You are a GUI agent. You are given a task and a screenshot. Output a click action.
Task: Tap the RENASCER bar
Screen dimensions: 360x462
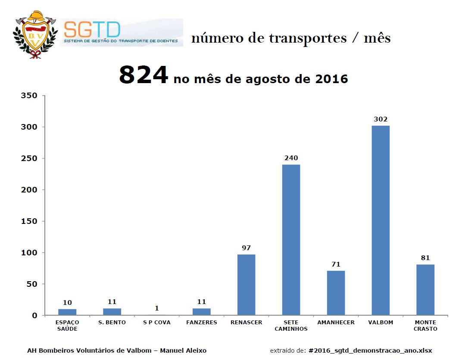[246, 285]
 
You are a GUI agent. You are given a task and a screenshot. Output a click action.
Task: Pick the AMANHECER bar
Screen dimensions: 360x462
[336, 293]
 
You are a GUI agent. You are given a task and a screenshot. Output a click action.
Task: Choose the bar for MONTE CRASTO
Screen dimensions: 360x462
[425, 290]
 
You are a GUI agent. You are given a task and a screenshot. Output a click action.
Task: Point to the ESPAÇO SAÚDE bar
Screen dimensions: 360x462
[67, 312]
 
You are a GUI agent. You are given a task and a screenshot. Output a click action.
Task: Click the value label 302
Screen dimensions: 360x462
[381, 119]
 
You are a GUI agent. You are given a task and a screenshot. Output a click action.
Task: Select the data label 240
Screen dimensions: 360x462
[291, 158]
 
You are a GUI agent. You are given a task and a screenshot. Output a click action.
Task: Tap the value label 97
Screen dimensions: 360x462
[246, 248]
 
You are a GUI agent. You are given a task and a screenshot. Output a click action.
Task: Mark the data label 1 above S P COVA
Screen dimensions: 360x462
[157, 308]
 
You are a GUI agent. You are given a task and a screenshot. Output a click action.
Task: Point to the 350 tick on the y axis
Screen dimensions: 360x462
[29, 96]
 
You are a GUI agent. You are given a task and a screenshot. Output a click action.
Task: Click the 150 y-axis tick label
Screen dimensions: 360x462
[29, 221]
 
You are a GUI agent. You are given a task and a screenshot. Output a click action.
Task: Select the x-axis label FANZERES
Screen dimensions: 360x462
[201, 323]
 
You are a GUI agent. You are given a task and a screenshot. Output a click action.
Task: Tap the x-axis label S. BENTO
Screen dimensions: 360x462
[112, 323]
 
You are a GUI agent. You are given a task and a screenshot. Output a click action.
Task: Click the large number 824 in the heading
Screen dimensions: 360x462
[143, 75]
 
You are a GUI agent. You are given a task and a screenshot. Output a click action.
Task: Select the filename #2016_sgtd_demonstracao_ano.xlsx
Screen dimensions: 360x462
[371, 351]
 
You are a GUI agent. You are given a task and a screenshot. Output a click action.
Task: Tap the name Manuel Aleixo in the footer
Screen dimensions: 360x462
[183, 351]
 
